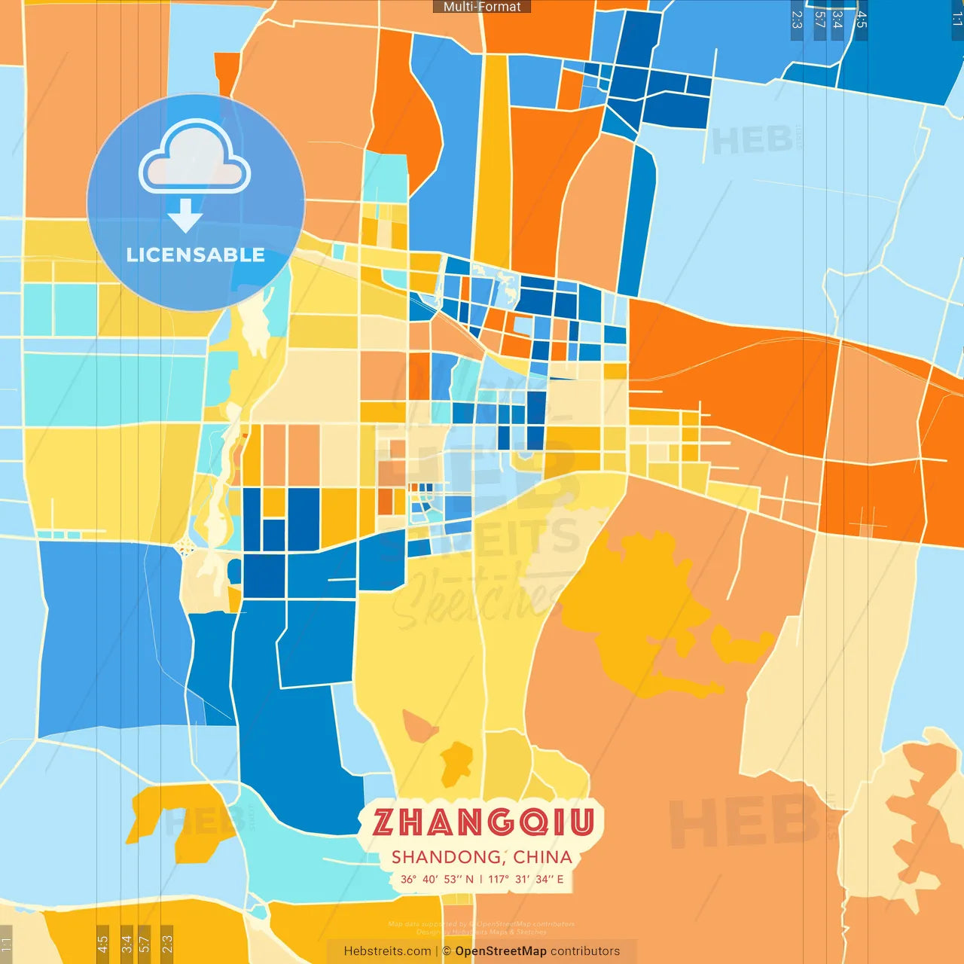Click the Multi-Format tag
click(482, 7)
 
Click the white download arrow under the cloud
click(185, 216)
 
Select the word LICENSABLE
click(196, 255)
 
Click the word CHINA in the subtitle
click(543, 857)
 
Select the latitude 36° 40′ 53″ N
click(437, 879)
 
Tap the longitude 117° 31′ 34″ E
click(526, 879)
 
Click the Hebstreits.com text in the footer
click(387, 951)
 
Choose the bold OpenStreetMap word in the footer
click(501, 951)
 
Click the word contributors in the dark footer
click(585, 951)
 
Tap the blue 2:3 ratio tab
click(797, 20)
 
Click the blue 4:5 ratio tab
click(862, 20)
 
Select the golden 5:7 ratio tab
click(144, 943)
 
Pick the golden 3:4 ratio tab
click(127, 943)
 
